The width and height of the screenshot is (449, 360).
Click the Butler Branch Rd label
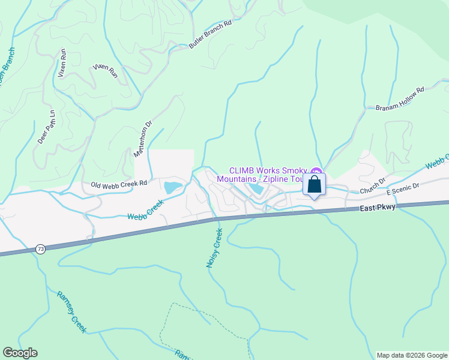(x=211, y=35)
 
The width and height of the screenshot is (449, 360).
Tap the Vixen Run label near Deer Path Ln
(x=61, y=64)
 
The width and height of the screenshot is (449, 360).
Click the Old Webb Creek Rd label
(x=119, y=184)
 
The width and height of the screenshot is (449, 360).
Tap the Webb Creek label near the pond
(x=146, y=212)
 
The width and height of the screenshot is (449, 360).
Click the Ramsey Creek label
(x=71, y=312)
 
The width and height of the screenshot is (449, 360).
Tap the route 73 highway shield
(x=40, y=248)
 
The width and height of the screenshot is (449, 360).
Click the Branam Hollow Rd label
(x=400, y=99)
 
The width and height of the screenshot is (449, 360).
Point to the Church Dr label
(x=373, y=186)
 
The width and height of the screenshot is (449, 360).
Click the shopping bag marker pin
(x=314, y=185)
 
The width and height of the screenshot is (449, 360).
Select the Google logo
(x=20, y=353)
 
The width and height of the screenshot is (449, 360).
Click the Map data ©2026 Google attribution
(x=412, y=355)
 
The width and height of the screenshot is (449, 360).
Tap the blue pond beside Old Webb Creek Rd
(x=172, y=187)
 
